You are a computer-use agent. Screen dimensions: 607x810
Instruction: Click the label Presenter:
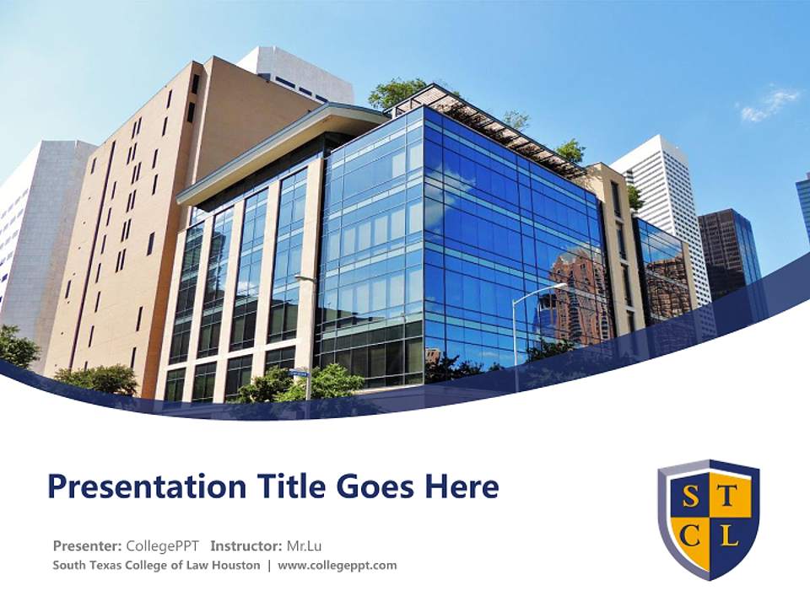(88, 545)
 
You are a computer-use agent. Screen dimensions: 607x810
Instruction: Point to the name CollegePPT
(162, 545)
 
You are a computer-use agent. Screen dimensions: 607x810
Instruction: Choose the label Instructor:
(246, 545)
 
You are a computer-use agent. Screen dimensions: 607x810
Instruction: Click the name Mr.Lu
(305, 545)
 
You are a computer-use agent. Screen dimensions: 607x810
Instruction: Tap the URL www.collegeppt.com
(337, 565)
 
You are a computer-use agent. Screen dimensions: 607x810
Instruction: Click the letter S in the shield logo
(690, 497)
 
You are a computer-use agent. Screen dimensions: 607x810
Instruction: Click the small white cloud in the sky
(769, 105)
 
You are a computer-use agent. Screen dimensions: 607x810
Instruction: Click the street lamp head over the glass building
(559, 287)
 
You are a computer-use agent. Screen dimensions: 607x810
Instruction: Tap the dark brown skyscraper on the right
(727, 253)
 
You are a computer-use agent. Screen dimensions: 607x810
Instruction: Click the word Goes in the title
(366, 487)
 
